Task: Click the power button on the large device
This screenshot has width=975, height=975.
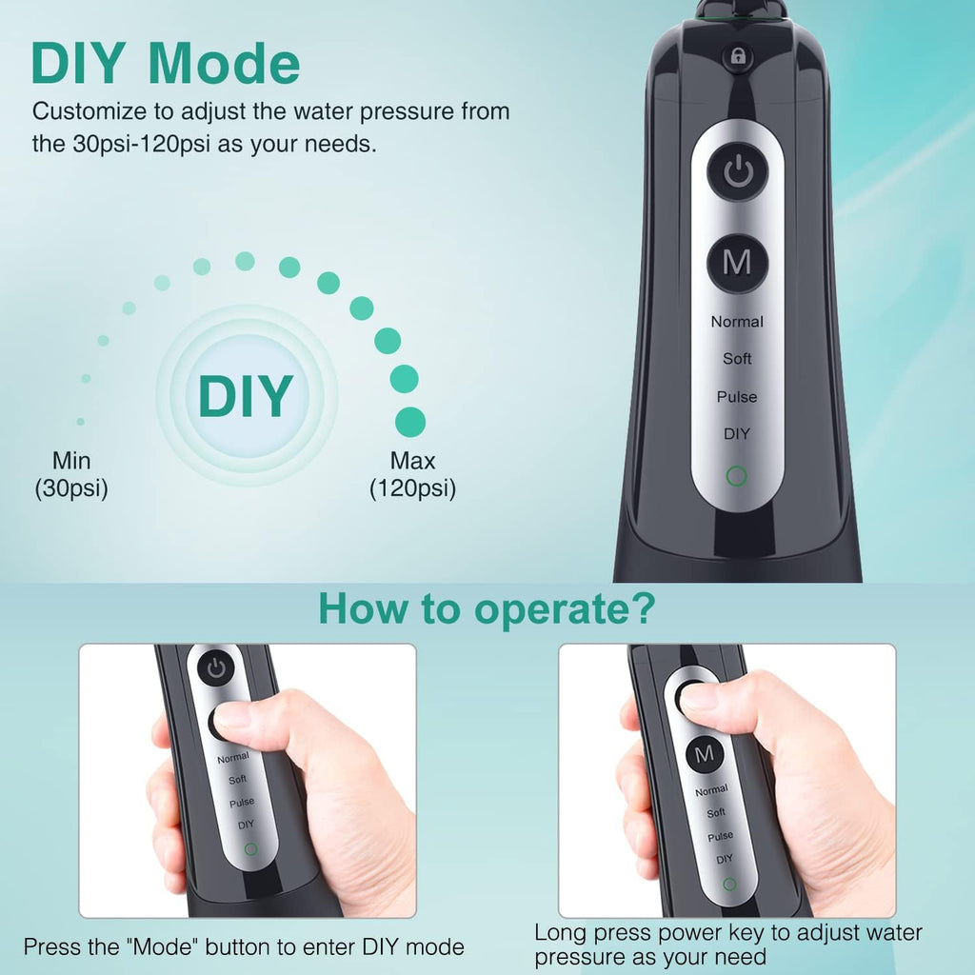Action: (737, 172)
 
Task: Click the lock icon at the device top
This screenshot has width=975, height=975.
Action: (737, 57)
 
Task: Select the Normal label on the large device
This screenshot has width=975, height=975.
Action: (737, 322)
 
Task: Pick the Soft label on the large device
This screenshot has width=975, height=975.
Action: (737, 359)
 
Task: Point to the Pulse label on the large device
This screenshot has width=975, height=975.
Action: (737, 396)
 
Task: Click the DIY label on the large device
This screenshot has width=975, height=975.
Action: (737, 433)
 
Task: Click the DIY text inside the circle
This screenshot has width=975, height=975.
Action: (246, 396)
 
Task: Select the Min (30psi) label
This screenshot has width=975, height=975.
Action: (71, 475)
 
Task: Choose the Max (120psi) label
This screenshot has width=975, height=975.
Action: (412, 475)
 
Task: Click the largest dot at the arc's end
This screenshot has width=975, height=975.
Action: (409, 421)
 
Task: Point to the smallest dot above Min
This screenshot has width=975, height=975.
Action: (80, 421)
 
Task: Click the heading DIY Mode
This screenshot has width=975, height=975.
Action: (166, 64)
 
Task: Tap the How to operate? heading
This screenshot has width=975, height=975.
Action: (487, 608)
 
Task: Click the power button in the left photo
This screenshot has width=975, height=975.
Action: (216, 668)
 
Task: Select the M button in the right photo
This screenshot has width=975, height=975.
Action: (705, 754)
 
